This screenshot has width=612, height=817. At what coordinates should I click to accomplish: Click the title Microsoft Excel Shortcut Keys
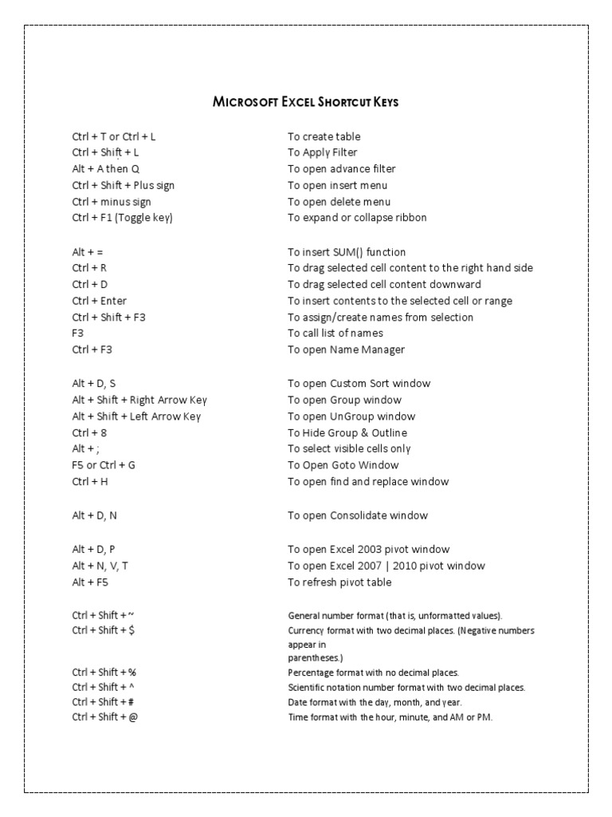(x=306, y=102)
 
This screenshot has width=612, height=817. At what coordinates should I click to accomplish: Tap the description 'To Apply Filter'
(x=323, y=152)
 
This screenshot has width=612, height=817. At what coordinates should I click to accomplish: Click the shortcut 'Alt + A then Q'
(x=106, y=169)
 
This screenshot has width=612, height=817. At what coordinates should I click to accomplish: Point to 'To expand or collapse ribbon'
(x=357, y=218)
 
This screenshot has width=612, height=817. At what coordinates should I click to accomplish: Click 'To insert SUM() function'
(x=347, y=252)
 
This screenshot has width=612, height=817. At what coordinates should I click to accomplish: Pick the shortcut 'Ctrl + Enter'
(x=99, y=301)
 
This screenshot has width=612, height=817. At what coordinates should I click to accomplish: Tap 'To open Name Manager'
(x=346, y=349)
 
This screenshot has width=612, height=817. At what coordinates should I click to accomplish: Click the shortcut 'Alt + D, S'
(x=94, y=384)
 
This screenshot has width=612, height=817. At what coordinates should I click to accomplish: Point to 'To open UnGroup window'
(x=351, y=416)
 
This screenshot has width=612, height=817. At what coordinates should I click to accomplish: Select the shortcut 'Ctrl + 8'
(x=85, y=432)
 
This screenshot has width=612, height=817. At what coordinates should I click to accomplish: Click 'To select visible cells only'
(x=349, y=449)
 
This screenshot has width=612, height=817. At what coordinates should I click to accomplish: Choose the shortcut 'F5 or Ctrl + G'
(x=104, y=465)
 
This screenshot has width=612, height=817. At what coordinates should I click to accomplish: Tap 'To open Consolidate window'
(x=358, y=515)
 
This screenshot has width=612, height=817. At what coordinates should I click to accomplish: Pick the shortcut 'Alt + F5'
(x=90, y=582)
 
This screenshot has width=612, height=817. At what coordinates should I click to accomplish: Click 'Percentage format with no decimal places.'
(x=373, y=673)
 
